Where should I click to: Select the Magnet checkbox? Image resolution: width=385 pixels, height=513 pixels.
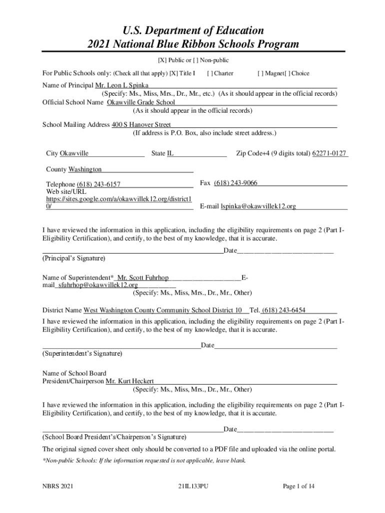pos(260,73)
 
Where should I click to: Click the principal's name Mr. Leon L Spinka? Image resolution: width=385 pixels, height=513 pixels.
pos(111,85)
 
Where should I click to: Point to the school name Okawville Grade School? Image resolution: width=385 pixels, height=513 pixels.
pos(141,102)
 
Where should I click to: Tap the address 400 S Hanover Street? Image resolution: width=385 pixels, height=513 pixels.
pos(141,124)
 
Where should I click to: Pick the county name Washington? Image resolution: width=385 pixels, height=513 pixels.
pos(85,169)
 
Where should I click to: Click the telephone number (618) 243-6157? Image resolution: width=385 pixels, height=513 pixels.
pos(98,184)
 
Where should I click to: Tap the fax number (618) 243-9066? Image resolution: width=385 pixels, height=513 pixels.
pos(235,183)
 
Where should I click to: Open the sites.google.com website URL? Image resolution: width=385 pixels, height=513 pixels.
pos(118,199)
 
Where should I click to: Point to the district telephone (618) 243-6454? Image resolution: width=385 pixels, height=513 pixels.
pos(283,310)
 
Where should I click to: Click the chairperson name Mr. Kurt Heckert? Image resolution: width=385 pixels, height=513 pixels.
pos(129,381)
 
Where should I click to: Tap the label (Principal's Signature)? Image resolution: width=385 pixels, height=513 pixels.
pos(73,259)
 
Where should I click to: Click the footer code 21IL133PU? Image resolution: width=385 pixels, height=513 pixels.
pos(192,486)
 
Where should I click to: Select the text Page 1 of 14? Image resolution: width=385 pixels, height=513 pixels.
pos(298,486)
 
